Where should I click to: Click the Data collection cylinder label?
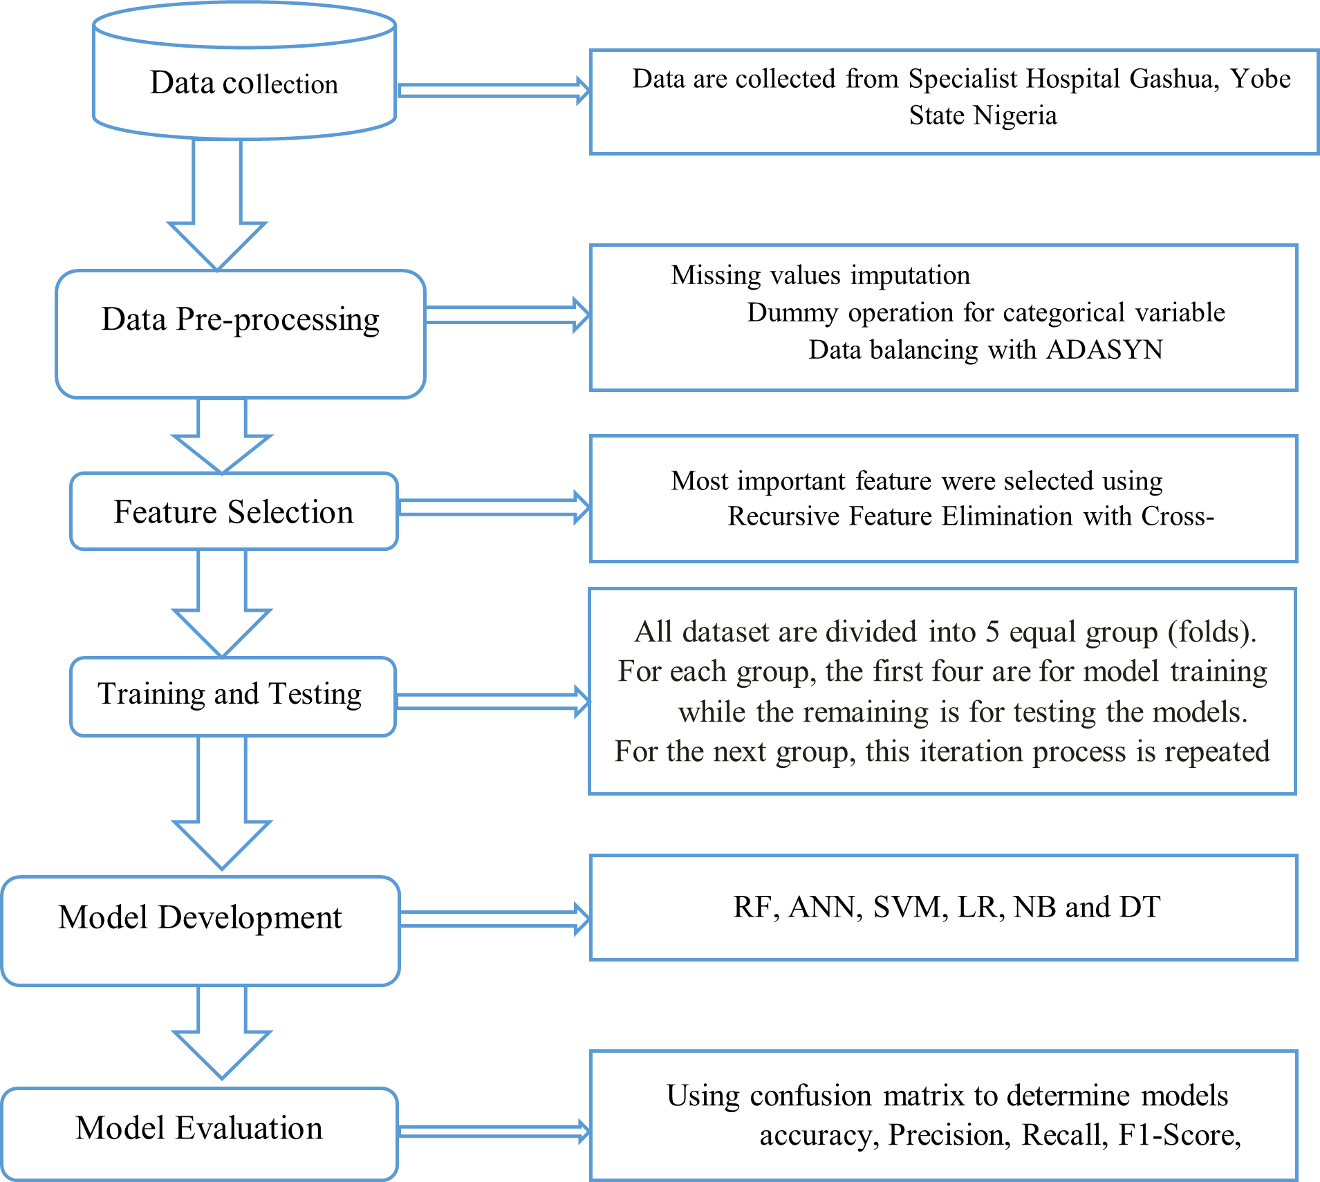pos(243,84)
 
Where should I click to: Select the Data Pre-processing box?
pos(240,333)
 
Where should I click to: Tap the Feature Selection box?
pos(234,512)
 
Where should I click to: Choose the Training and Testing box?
pos(232,695)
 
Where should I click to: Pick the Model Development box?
pos(201,930)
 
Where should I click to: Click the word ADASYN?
pos(1104,350)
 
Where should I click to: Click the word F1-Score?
pos(1178,1135)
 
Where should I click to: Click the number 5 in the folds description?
pos(992,632)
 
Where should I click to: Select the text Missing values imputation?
pos(820,275)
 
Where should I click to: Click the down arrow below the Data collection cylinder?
pos(217,207)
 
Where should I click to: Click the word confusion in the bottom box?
pos(810,1096)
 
